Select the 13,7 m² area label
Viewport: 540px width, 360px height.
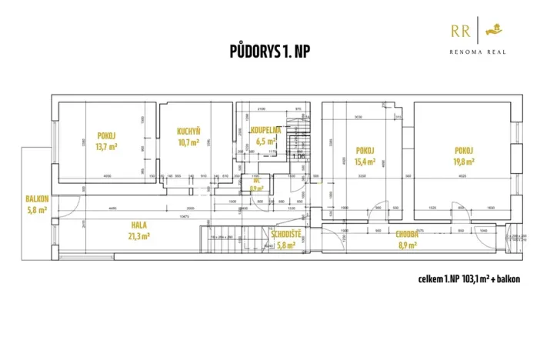[105, 145]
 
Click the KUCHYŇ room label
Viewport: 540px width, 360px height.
[188, 132]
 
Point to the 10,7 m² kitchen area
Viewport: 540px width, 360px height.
[188, 142]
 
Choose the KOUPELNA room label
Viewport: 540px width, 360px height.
[265, 131]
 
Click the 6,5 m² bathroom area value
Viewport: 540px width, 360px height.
[265, 142]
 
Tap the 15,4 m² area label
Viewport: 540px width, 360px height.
[364, 162]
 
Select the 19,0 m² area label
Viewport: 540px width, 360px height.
[463, 162]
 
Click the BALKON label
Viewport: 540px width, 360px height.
[37, 198]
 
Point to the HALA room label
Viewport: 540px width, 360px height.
[138, 225]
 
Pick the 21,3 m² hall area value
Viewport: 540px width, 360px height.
[138, 236]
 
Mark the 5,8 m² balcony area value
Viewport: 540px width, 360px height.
[37, 209]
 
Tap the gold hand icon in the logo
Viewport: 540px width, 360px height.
[495, 30]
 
